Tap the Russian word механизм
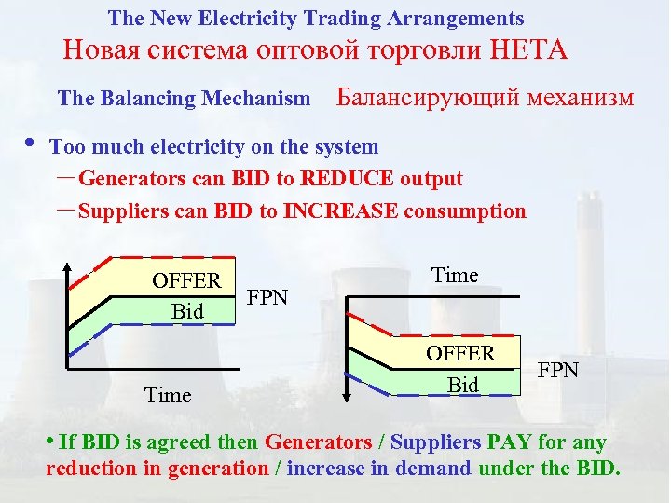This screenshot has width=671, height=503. click(582, 98)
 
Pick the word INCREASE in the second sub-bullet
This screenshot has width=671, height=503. click(342, 211)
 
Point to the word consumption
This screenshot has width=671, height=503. click(466, 211)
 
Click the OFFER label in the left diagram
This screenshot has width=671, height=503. click(186, 281)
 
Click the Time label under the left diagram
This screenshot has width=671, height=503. click(168, 396)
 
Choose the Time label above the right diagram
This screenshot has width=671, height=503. click(455, 276)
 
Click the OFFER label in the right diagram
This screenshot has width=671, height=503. click(460, 354)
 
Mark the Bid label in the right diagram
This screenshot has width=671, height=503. click(462, 384)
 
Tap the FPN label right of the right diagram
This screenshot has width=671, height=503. click(558, 371)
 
